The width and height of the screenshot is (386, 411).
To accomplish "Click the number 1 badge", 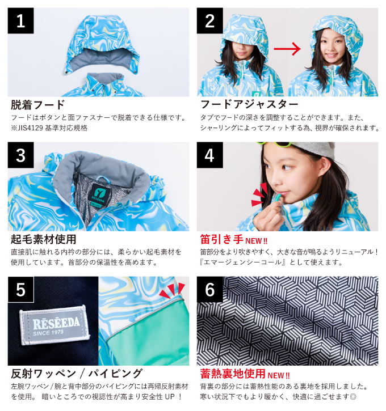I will [20, 21].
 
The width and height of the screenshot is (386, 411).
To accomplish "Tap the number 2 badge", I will [209, 21].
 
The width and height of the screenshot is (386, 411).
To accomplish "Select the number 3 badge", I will [20, 155].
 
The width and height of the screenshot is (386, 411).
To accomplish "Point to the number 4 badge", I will [209, 155].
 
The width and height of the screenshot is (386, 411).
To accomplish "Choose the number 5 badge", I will [20, 290].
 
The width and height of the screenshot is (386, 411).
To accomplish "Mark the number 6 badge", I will [209, 290].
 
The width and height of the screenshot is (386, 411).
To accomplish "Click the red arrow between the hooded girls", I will [287, 49].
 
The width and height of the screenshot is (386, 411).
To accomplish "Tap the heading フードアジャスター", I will [249, 105].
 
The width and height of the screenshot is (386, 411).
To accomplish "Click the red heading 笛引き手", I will [222, 239].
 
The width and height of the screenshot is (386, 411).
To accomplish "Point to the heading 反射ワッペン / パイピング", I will [77, 373].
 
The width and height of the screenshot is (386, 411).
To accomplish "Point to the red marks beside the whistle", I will [259, 194].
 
